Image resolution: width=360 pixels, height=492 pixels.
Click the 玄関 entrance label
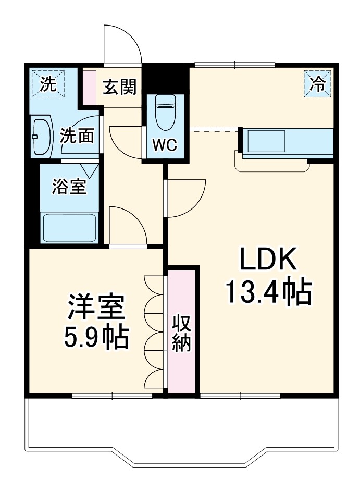[119, 88]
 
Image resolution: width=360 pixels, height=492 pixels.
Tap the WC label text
[164, 144]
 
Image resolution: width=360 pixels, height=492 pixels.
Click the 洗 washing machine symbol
[47, 84]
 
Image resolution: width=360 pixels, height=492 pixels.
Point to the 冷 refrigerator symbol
[317, 83]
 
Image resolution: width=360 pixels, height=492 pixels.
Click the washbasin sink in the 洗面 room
[41, 136]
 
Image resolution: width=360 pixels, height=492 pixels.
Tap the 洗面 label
[77, 136]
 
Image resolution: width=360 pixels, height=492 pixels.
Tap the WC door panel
[144, 141]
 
